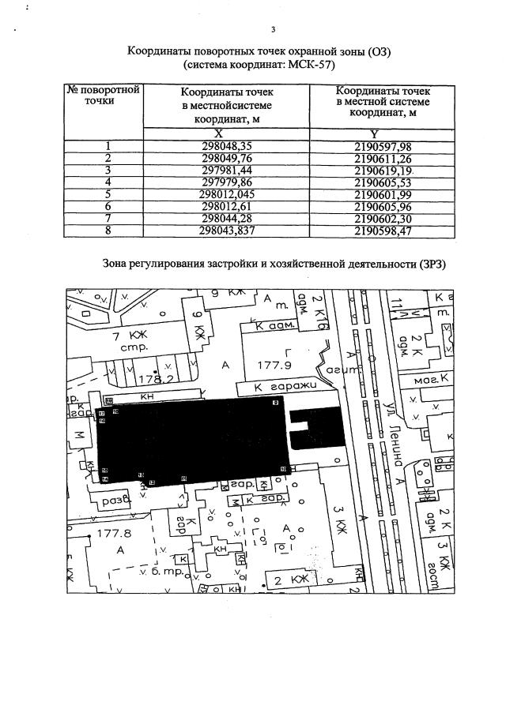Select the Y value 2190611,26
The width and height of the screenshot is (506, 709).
tap(384, 158)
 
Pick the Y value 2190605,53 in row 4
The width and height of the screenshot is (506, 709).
tap(384, 182)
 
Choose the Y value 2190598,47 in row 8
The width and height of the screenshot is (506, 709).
tap(384, 232)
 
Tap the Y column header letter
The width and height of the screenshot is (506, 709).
tap(384, 133)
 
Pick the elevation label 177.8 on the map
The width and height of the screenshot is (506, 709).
tap(112, 534)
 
